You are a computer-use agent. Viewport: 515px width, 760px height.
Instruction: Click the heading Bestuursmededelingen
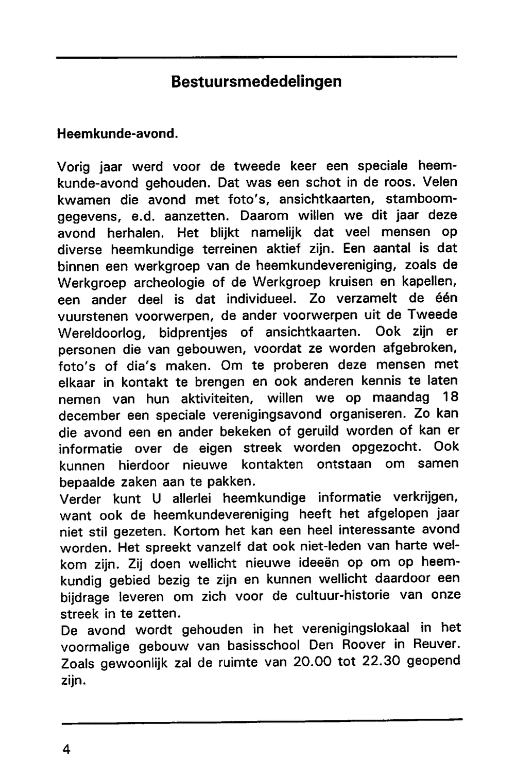click(256, 82)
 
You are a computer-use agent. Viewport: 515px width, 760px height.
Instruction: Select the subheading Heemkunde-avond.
click(117, 133)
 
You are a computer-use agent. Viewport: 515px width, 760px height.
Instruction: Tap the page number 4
click(66, 748)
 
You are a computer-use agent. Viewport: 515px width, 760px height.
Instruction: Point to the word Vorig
click(74, 167)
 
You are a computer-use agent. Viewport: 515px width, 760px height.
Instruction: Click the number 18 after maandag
click(450, 398)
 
